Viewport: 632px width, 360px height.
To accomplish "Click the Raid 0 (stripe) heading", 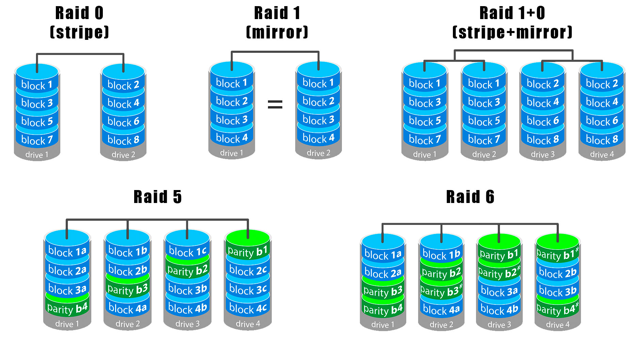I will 79,22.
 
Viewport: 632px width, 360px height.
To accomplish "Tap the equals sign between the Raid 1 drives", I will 275,104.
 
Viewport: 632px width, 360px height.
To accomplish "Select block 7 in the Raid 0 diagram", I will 37,140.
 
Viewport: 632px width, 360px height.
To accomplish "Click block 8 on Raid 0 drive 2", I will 123,140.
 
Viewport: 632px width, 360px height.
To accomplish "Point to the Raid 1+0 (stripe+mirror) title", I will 512,22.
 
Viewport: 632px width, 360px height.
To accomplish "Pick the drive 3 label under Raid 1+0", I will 543,155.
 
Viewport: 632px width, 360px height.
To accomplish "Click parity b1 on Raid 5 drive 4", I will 248,252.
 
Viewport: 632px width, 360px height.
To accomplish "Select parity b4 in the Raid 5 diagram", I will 67,309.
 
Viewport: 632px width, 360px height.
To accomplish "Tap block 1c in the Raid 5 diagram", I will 188,252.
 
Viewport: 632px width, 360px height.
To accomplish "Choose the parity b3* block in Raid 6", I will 441,292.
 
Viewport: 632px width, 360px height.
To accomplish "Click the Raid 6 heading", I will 470,197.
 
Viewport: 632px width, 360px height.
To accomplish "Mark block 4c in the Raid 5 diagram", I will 248,309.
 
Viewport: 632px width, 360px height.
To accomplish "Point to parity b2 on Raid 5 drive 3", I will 188,271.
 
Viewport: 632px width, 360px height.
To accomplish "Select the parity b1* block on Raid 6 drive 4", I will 557,254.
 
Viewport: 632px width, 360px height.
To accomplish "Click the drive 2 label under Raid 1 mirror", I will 318,153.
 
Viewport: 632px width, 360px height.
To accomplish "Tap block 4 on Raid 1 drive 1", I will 232,138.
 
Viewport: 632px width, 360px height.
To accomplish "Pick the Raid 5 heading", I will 158,197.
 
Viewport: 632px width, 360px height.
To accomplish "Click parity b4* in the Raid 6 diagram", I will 557,310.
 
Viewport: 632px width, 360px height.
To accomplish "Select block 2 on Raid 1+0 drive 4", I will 602,84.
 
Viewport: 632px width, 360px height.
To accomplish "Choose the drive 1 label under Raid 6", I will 383,325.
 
